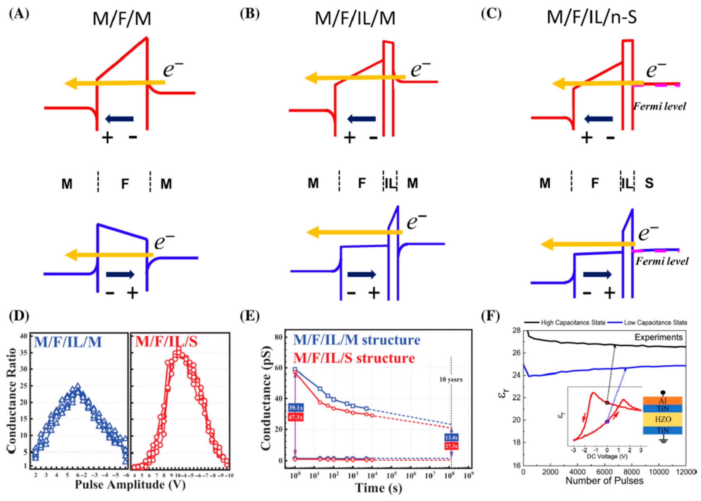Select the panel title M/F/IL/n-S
592,17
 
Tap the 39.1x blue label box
296,407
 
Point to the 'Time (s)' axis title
379,488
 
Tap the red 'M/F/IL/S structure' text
354,358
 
